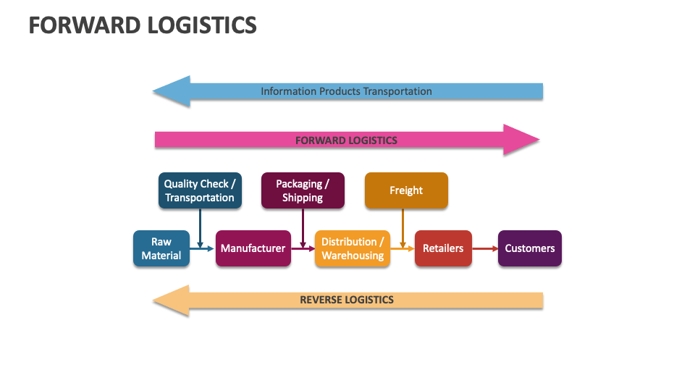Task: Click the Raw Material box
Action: (161, 248)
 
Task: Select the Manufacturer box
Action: (253, 248)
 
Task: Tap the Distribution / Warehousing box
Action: (353, 248)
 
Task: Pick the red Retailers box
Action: (443, 248)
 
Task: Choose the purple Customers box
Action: (529, 248)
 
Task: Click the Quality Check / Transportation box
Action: (200, 191)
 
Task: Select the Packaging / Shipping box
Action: (303, 191)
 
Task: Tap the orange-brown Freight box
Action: (406, 190)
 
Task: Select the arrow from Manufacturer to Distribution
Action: (303, 248)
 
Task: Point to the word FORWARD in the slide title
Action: (85, 25)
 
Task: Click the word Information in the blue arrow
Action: (288, 91)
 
